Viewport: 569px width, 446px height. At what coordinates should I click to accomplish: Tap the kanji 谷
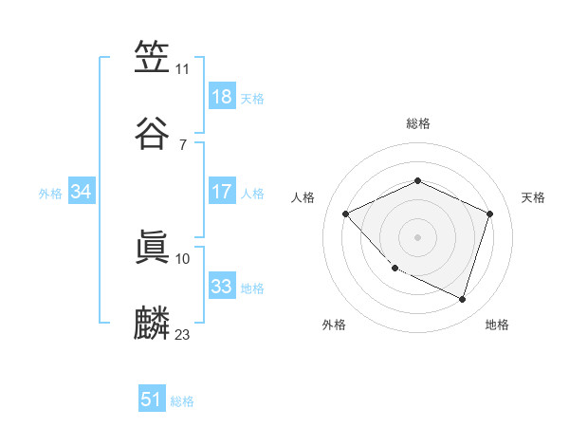153,132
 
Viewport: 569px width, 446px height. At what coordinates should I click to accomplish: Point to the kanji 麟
153,322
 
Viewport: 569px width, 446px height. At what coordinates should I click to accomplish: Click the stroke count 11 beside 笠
183,69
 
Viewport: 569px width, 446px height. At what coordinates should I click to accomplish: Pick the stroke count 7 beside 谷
183,144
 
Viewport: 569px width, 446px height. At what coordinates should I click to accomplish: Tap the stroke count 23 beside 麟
183,334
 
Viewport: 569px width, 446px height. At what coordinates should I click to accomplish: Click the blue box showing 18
221,97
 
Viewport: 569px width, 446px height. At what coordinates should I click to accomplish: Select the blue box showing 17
221,192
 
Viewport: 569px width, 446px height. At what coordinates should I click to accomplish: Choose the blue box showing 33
221,287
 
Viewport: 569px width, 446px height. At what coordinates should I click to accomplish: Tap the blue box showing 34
81,192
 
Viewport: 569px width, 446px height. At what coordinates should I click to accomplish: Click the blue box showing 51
151,400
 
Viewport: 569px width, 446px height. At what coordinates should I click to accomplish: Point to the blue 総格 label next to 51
182,401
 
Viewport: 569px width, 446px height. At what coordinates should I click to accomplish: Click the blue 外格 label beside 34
50,193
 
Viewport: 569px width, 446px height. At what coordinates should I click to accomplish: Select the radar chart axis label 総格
418,123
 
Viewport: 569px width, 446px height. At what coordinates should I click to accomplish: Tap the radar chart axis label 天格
533,197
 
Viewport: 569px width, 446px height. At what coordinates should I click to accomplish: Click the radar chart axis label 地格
497,325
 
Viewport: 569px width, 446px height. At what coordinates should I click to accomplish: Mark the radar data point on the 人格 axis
346,214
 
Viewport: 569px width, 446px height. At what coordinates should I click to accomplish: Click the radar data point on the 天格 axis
490,214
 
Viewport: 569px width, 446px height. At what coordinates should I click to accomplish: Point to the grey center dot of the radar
418,237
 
